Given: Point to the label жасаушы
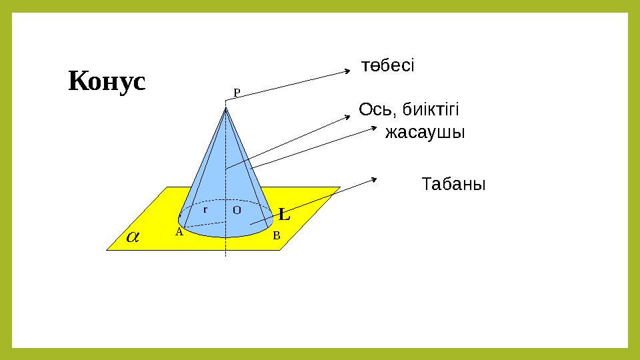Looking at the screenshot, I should (425, 133).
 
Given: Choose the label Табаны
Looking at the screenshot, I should (454, 184).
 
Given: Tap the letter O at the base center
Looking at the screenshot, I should (237, 209).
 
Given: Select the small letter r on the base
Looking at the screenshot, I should (205, 209).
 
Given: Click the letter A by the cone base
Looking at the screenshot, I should (179, 233).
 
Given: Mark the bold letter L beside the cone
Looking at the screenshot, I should (284, 215).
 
